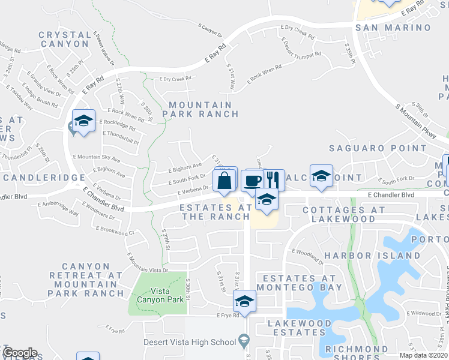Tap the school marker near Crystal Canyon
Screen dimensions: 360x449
[x=84, y=122]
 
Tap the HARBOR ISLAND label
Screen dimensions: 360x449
[x=372, y=256]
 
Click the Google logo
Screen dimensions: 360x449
[x=20, y=353]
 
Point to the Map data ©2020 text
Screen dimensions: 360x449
[x=424, y=355]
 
